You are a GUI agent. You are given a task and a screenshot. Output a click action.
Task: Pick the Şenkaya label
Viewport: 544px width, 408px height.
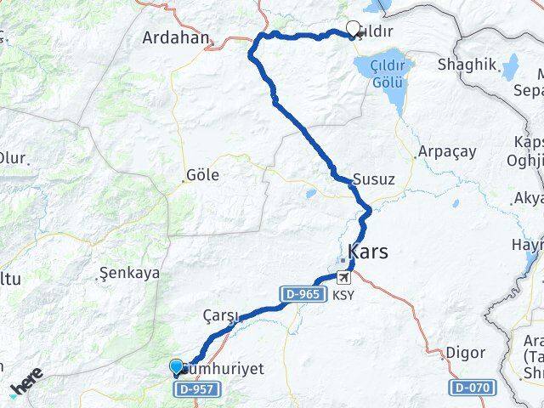click(130, 274)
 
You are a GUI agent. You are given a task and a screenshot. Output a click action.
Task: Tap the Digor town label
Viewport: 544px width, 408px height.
click(466, 353)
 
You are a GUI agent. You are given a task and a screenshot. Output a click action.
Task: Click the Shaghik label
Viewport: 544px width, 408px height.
click(466, 65)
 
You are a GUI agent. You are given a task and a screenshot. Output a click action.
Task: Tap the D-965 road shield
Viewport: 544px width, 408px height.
click(301, 293)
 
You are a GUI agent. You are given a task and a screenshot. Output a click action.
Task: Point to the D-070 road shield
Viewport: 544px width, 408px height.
click(470, 388)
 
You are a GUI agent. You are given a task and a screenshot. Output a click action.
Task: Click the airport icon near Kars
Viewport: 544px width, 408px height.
click(343, 278)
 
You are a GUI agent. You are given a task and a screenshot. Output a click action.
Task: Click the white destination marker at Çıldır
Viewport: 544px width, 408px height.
click(353, 29)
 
